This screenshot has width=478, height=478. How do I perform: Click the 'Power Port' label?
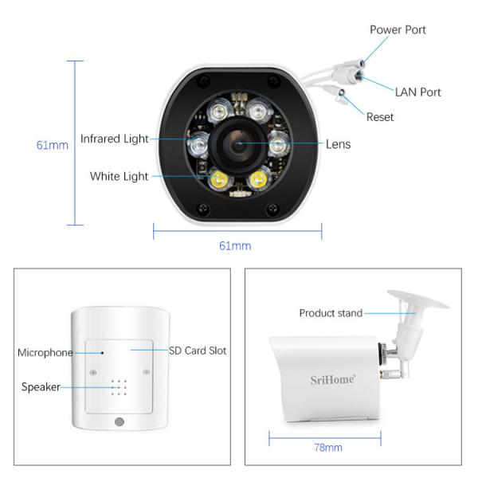tap(398, 29)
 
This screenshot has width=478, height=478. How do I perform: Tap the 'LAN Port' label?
tap(417, 92)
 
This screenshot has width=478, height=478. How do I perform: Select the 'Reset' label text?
tap(380, 117)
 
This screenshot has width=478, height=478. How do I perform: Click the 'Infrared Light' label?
tap(114, 139)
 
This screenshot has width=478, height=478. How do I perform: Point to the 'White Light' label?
tap(119, 176)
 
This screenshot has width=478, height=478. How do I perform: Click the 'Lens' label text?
tap(338, 144)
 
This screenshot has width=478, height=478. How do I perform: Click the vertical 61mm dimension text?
tap(53, 145)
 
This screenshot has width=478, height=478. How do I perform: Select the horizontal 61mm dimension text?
tap(235, 245)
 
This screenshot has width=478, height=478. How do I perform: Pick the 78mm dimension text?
tap(327, 448)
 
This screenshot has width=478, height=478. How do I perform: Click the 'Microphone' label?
tap(45, 352)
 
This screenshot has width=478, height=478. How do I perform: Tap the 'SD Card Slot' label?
tap(198, 351)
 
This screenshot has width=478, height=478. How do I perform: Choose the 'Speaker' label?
tap(41, 387)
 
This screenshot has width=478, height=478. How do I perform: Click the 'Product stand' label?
tap(331, 313)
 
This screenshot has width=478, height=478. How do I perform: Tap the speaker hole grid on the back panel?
tap(119, 387)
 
